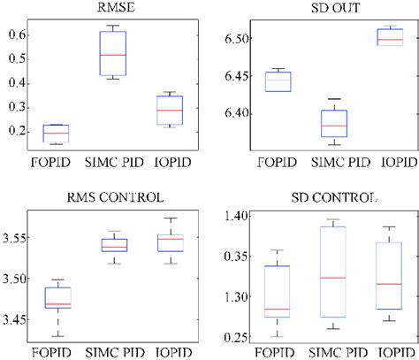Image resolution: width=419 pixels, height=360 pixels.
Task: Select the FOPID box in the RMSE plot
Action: coord(56,134)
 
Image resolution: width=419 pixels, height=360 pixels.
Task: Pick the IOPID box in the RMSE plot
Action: coord(165,110)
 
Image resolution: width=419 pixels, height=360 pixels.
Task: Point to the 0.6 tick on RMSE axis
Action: coord(15,34)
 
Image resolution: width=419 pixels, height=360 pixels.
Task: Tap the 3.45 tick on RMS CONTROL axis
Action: coord(17,319)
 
